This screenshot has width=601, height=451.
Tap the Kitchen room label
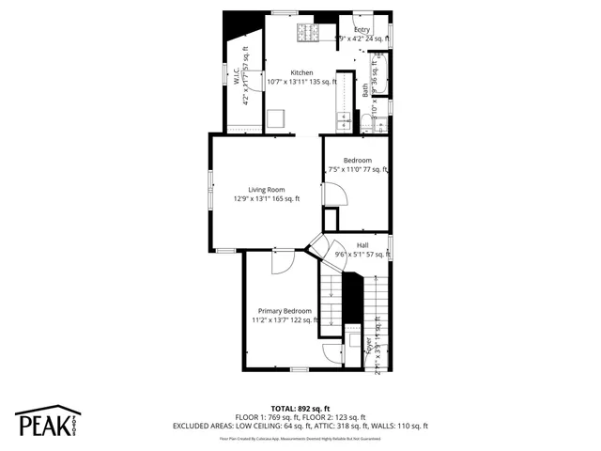pos(301,72)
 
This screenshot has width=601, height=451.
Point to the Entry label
pos(362,30)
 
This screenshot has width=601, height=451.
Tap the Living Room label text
pos(267,189)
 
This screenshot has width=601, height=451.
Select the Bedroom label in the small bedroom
pos(357,160)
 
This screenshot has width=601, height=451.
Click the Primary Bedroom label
pos(285,310)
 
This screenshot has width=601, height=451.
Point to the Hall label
pos(362,245)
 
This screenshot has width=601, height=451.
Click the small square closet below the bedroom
pos(330,219)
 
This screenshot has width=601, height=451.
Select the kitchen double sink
pos(344,119)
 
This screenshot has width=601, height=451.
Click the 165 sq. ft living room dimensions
pos(267,199)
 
